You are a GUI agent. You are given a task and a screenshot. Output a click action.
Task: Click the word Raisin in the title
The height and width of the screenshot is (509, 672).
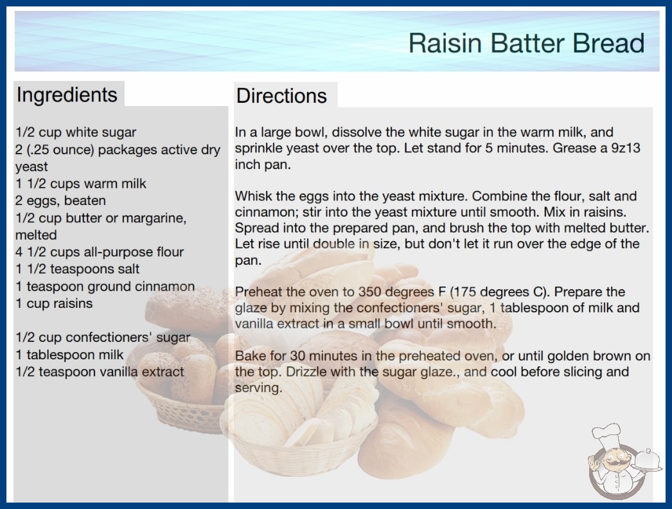445,43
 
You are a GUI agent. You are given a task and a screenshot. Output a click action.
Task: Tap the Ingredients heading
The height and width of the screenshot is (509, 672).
67,95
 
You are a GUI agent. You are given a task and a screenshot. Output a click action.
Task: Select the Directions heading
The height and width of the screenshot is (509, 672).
281,96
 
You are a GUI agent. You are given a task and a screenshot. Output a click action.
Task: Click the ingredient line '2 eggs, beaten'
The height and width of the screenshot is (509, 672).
60,201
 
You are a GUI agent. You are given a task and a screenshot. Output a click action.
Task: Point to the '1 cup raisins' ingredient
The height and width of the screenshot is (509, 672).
54,303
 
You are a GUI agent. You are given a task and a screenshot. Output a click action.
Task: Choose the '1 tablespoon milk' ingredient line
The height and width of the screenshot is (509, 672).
69,355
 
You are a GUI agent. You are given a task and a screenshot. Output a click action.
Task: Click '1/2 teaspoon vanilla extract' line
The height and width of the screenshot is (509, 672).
100,371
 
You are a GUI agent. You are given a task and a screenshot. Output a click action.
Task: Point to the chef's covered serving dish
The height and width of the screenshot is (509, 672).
647,461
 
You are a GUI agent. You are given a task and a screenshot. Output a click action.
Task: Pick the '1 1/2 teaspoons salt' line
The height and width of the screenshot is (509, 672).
78,269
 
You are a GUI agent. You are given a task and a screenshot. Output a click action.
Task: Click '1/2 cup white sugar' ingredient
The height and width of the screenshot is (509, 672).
76,132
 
